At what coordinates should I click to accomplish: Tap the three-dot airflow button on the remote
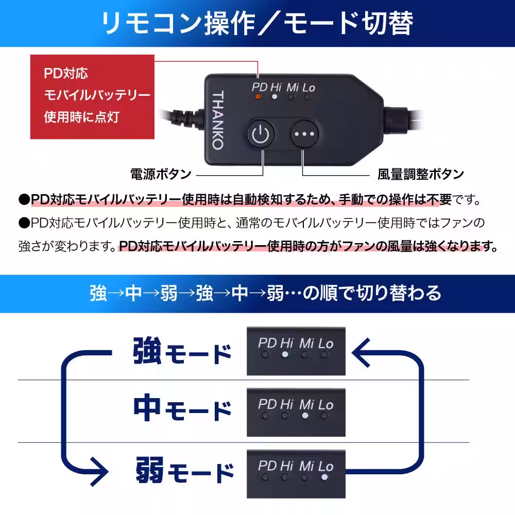(x=304, y=134)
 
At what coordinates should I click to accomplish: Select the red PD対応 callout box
(x=92, y=97)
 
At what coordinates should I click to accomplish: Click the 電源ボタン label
(x=161, y=174)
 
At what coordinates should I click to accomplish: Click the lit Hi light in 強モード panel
(x=285, y=354)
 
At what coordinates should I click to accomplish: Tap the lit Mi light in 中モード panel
(x=305, y=415)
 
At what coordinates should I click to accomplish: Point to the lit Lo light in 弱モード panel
(x=324, y=477)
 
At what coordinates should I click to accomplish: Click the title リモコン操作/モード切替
(x=257, y=24)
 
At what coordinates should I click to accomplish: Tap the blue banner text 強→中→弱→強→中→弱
(x=257, y=293)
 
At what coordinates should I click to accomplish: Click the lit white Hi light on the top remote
(x=276, y=96)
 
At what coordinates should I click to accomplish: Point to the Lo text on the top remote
(x=308, y=87)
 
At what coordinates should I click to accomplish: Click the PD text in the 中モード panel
(x=267, y=404)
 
